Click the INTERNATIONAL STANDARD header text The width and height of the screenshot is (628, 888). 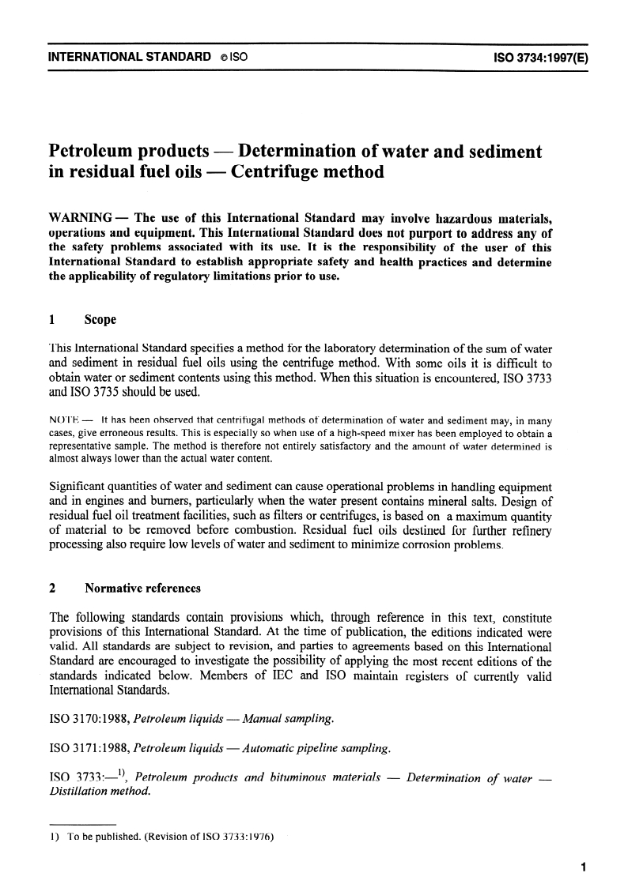pos(130,58)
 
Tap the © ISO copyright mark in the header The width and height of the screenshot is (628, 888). pos(236,58)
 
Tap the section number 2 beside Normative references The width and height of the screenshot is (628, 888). pos(52,588)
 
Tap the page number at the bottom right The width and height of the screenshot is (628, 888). pos(582,867)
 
